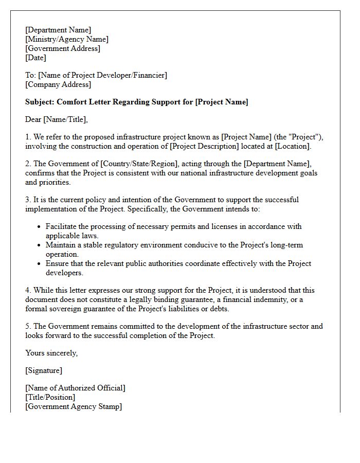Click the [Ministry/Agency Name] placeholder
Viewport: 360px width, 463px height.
(x=67, y=39)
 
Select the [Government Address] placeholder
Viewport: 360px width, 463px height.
(x=63, y=48)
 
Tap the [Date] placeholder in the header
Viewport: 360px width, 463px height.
(x=35, y=58)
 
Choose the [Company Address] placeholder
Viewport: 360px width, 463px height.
(x=58, y=84)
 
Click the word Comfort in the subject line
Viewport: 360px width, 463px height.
(x=71, y=102)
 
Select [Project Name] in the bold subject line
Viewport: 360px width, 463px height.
(x=222, y=102)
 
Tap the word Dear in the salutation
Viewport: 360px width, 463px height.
(x=33, y=119)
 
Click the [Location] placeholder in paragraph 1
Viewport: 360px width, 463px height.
(x=293, y=146)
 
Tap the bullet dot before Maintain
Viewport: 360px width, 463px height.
(x=40, y=245)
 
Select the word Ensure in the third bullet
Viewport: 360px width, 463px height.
(x=57, y=263)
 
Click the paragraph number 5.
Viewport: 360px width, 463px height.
(x=28, y=326)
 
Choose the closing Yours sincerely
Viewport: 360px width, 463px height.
(x=51, y=353)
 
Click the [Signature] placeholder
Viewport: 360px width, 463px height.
(x=44, y=370)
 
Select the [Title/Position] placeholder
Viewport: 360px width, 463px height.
(x=50, y=397)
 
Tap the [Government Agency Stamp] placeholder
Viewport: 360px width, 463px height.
(x=74, y=406)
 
